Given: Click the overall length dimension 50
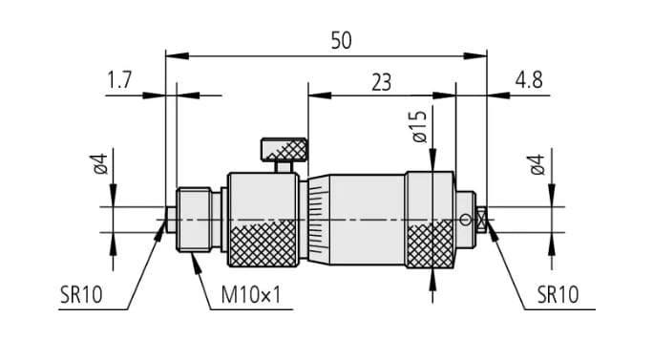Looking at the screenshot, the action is pyautogui.click(x=341, y=40).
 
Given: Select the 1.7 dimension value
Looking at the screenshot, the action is pyautogui.click(x=119, y=79).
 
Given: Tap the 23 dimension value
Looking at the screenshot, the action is pyautogui.click(x=382, y=82).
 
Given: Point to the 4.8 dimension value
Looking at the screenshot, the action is pyautogui.click(x=529, y=79).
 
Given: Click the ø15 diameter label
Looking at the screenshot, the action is pyautogui.click(x=420, y=127).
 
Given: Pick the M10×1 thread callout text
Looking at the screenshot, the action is pyautogui.click(x=251, y=295).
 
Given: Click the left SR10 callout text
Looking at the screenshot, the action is pyautogui.click(x=81, y=295).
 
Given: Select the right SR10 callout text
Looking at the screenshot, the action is pyautogui.click(x=558, y=295).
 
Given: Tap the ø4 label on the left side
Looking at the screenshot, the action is pyautogui.click(x=100, y=164).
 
